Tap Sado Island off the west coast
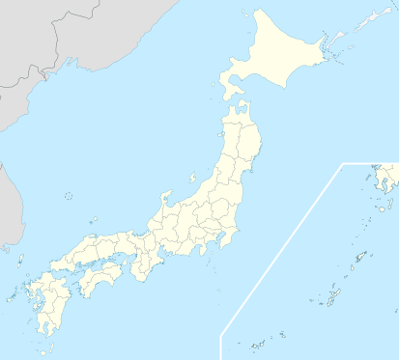click(192, 179)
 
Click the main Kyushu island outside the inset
click(43, 299)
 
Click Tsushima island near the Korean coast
click(18, 259)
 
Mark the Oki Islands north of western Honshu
click(92, 221)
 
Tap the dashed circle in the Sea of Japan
click(68, 196)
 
